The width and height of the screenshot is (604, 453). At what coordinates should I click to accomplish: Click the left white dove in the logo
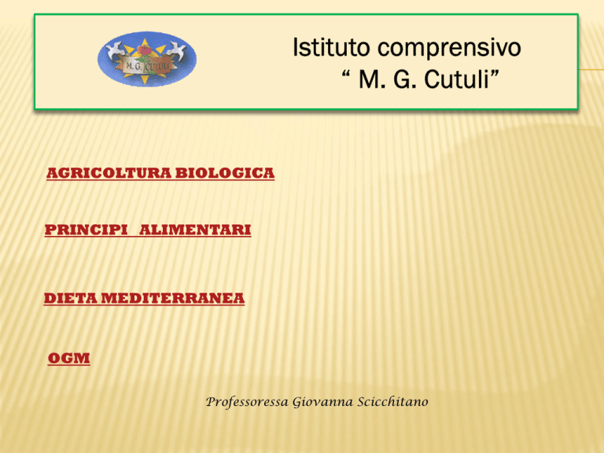click(115, 50)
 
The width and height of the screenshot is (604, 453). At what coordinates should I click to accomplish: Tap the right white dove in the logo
click(176, 50)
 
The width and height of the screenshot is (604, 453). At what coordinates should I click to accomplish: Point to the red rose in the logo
click(145, 50)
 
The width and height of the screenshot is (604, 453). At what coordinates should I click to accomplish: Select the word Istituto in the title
click(331, 47)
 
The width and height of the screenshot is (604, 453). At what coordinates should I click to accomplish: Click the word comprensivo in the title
click(449, 49)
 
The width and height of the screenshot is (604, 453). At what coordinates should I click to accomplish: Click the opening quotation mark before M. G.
click(345, 73)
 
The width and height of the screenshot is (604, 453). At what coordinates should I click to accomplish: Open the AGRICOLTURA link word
click(109, 173)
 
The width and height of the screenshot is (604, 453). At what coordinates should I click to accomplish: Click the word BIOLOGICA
click(225, 173)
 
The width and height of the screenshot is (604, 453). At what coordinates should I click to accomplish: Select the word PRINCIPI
click(86, 230)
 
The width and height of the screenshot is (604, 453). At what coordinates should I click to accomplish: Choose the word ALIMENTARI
click(195, 230)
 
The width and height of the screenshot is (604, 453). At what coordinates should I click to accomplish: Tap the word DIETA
click(71, 298)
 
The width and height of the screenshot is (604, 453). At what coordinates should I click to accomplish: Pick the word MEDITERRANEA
click(173, 298)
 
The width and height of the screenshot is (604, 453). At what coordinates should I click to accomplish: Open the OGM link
click(69, 359)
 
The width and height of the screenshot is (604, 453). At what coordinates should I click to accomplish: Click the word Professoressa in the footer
click(247, 402)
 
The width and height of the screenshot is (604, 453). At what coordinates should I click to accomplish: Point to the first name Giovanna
click(322, 402)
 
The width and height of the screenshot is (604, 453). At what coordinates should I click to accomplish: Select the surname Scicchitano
click(392, 401)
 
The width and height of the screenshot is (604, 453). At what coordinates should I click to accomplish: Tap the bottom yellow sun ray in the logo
click(145, 79)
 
